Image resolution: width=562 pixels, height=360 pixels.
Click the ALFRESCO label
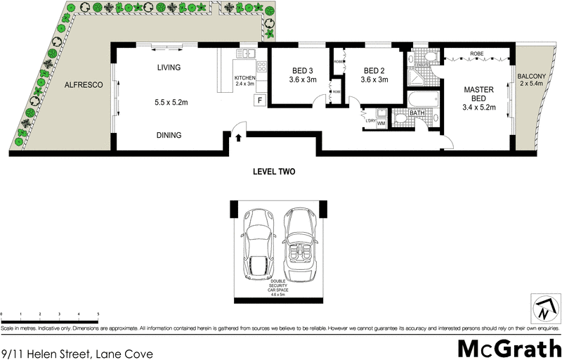84,84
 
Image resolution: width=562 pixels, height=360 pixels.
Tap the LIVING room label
169,68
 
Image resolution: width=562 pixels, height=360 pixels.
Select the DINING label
169,135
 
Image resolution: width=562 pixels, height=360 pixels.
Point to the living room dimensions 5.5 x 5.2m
169,101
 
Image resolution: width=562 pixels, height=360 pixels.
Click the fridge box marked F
259,100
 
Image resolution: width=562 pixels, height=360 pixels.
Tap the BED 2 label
374,70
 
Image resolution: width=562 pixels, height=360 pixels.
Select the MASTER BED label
479,94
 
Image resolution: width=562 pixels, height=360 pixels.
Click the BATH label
417,112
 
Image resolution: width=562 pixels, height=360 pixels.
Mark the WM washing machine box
381,124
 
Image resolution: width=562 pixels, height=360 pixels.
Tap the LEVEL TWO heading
273,172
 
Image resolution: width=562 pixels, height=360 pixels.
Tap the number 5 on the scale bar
98,314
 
